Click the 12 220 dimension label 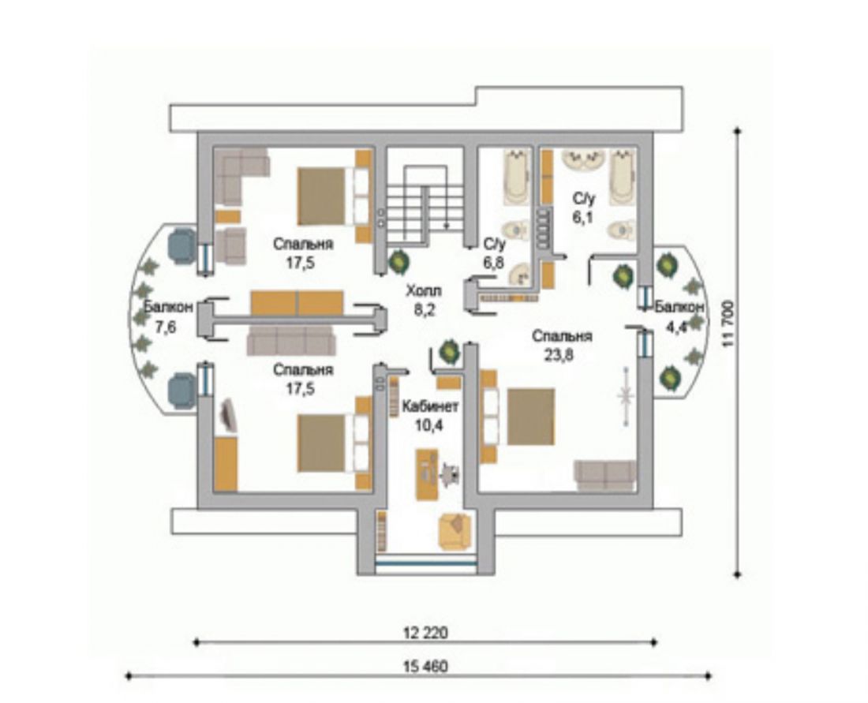pyautogui.click(x=425, y=632)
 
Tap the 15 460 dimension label pyautogui.click(x=425, y=667)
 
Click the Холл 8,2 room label pyautogui.click(x=425, y=301)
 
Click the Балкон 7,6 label pyautogui.click(x=166, y=317)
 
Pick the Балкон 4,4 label pyautogui.click(x=679, y=317)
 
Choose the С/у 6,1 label pyautogui.click(x=583, y=208)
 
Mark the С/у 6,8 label pyautogui.click(x=494, y=253)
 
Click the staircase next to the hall pyautogui.click(x=424, y=205)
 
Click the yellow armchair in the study pyautogui.click(x=455, y=532)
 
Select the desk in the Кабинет pyautogui.click(x=426, y=475)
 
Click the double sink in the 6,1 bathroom pyautogui.click(x=583, y=159)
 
